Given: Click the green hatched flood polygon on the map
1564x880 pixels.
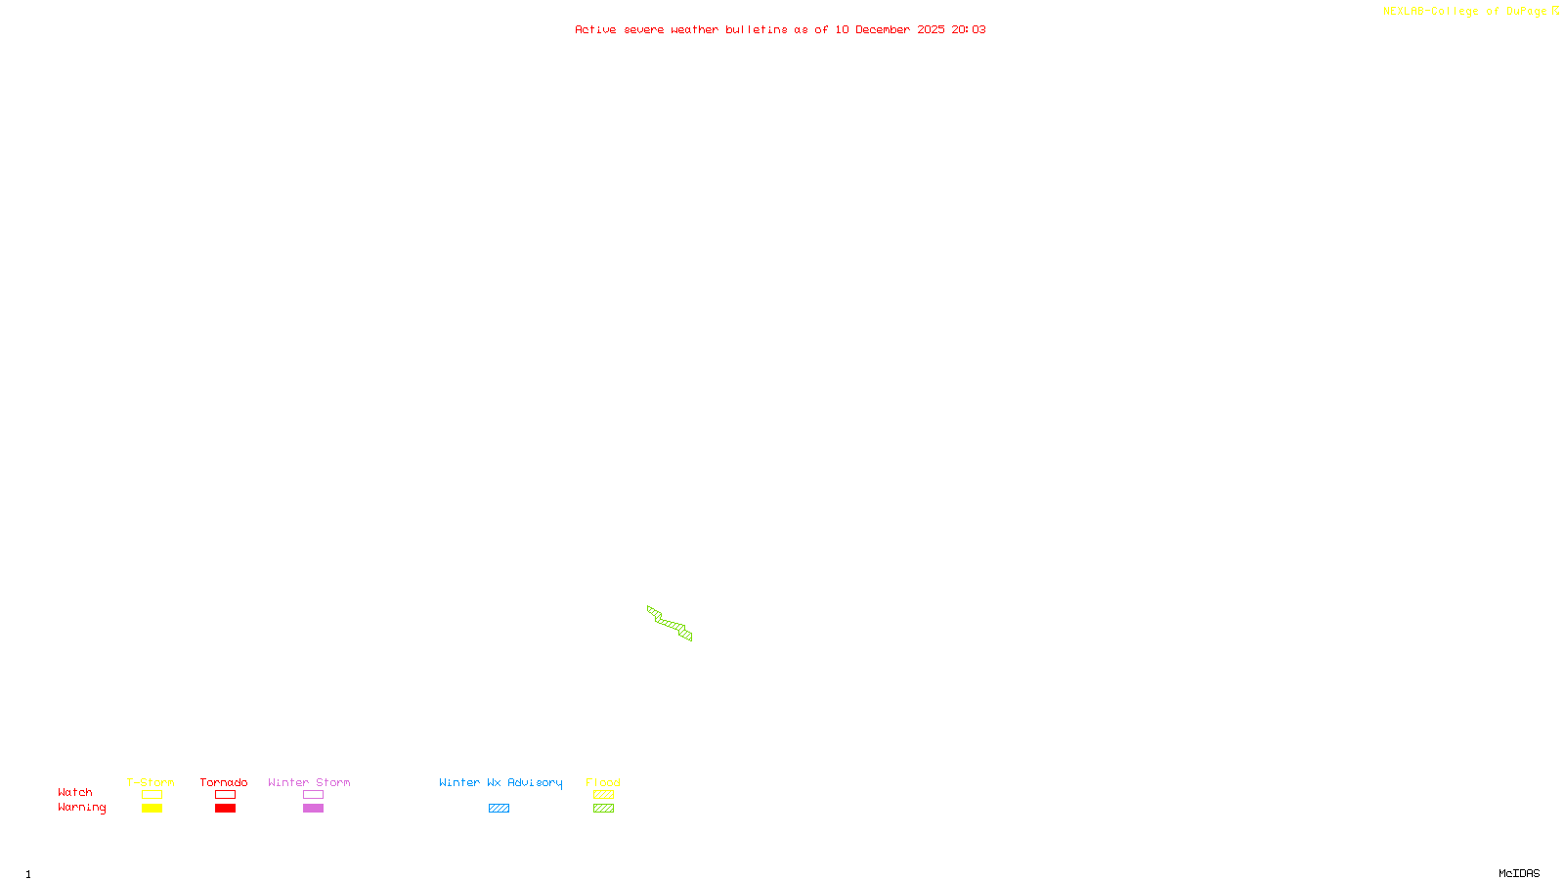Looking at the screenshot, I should click(670, 623).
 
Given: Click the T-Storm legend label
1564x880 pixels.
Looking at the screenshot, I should click(151, 782).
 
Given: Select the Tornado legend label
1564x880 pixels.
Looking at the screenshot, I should click(224, 782).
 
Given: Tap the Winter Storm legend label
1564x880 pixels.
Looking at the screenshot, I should click(309, 782).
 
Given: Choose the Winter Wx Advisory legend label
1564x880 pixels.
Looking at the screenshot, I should click(500, 782).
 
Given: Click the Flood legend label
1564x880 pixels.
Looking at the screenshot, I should click(603, 782).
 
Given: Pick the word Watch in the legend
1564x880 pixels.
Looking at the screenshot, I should click(75, 792).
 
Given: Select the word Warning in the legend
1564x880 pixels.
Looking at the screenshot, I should click(81, 808).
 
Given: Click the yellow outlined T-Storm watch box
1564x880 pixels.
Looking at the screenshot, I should click(152, 795).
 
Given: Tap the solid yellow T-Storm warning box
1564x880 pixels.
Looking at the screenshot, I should click(152, 809).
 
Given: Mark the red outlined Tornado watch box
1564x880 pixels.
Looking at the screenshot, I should click(225, 795).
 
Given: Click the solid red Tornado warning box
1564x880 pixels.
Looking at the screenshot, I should click(225, 809).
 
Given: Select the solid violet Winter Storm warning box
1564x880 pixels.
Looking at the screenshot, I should click(313, 809).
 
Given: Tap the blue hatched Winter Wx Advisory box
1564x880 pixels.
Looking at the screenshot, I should click(499, 809).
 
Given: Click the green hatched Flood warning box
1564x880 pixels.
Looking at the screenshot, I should click(603, 809).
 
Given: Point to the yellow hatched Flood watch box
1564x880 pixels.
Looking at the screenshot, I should click(603, 795).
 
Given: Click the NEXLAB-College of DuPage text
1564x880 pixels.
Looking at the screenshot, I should click(1465, 11).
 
